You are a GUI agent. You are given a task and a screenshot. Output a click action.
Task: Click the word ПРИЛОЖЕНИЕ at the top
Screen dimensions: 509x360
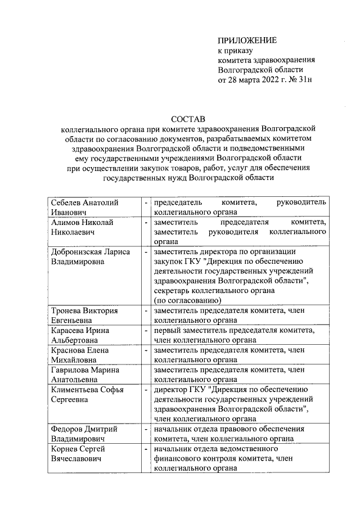[x=247, y=40]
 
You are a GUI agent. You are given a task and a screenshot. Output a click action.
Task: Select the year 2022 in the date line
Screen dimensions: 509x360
[x=272, y=80]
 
